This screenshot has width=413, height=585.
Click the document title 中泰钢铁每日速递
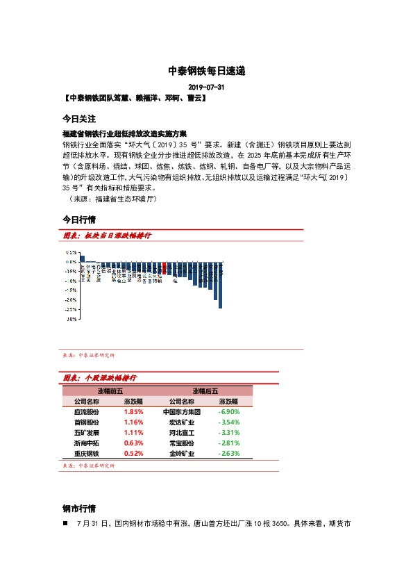207,71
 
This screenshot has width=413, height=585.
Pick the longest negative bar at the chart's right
220,285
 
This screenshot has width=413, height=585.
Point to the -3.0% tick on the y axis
70,319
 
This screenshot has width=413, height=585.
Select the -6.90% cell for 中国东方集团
229,411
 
